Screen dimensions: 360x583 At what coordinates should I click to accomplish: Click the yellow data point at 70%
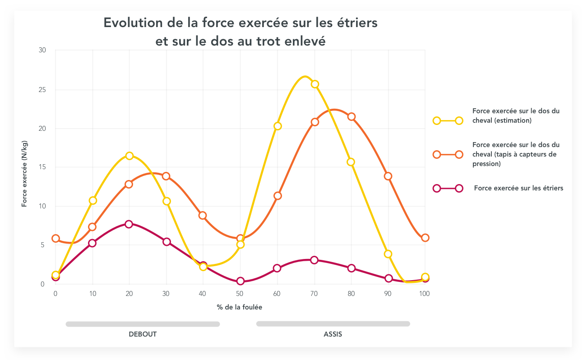pyautogui.click(x=315, y=84)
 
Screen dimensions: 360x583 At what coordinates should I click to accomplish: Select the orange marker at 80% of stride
pyautogui.click(x=352, y=117)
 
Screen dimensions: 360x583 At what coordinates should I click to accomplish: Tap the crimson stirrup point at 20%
pyautogui.click(x=129, y=224)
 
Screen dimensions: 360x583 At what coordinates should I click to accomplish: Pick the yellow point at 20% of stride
pyautogui.click(x=130, y=156)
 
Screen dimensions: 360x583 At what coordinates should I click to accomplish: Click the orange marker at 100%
pyautogui.click(x=425, y=238)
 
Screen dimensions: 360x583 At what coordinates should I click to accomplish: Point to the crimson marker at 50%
pyautogui.click(x=241, y=281)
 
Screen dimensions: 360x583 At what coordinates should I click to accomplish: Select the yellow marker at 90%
pyautogui.click(x=388, y=254)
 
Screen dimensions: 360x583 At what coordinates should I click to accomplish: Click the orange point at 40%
pyautogui.click(x=203, y=215)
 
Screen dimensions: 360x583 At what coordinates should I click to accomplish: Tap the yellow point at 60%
pyautogui.click(x=278, y=126)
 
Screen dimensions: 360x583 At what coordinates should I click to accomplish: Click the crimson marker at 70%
pyautogui.click(x=315, y=260)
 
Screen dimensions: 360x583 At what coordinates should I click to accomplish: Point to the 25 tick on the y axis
pyautogui.click(x=42, y=89)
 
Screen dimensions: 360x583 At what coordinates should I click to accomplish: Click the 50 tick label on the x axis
pyautogui.click(x=240, y=294)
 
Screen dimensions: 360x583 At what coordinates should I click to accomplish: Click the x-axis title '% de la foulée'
pyautogui.click(x=240, y=307)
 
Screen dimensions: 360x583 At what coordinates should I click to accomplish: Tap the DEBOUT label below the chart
pyautogui.click(x=143, y=334)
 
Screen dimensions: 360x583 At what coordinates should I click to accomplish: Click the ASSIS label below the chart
pyautogui.click(x=333, y=334)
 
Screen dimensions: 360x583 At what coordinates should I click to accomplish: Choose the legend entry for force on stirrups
pyautogui.click(x=518, y=188)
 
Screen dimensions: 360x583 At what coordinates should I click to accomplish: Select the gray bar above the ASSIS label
pyautogui.click(x=333, y=323)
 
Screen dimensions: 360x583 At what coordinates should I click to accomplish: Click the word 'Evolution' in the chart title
pyautogui.click(x=131, y=23)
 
